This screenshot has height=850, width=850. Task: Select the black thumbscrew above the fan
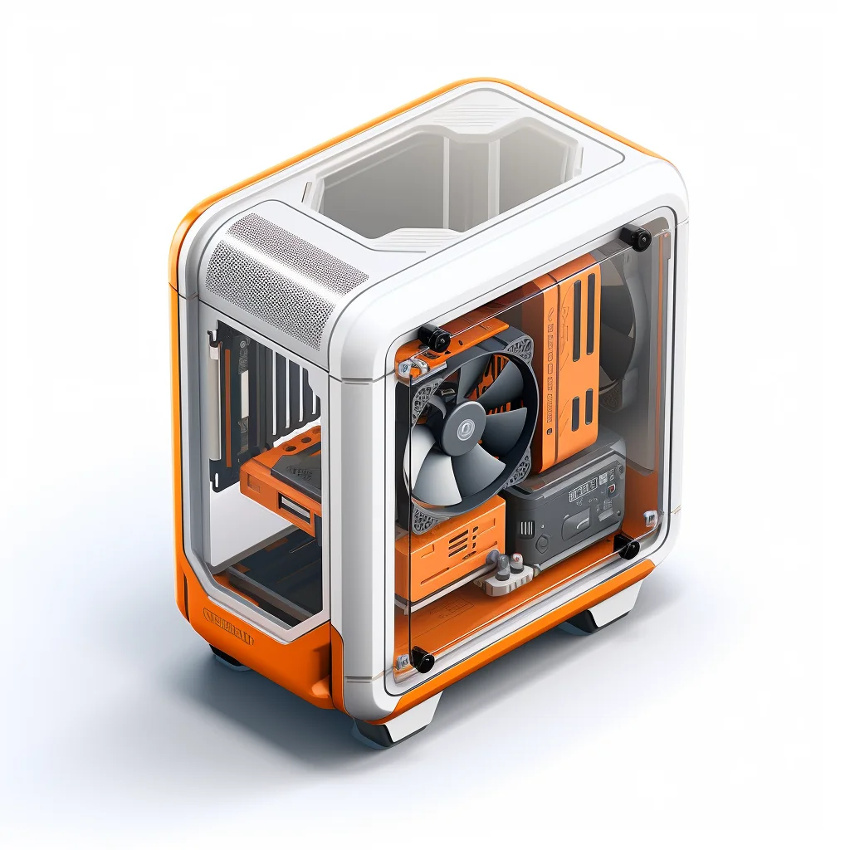pos(435,338)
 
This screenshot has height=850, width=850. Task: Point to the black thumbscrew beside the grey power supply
pos(628,546)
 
